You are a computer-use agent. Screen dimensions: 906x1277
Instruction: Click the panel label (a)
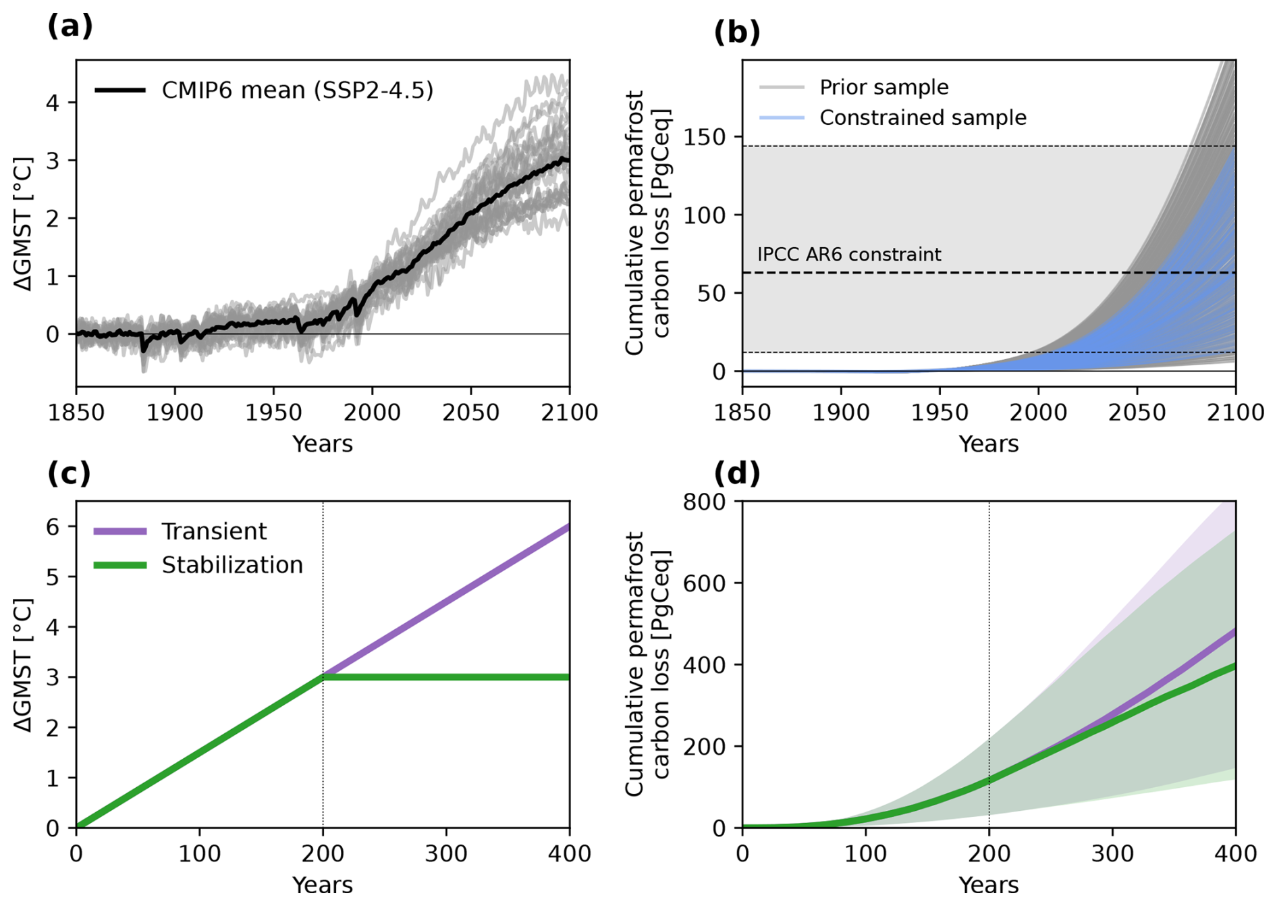(70, 27)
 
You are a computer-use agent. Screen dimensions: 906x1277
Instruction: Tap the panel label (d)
(736, 474)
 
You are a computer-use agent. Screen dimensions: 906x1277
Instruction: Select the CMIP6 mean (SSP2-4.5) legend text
(297, 90)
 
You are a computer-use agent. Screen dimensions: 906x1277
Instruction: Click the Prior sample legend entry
(884, 87)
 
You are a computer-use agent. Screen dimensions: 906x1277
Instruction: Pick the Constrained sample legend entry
(922, 118)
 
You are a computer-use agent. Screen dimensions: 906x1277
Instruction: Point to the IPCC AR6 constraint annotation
(848, 255)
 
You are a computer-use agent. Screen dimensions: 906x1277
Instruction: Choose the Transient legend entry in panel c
(214, 531)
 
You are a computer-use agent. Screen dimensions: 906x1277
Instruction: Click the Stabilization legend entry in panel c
(232, 565)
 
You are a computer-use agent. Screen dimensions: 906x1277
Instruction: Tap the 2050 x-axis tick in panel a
(470, 412)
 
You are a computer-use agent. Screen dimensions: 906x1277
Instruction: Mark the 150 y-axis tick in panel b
(705, 137)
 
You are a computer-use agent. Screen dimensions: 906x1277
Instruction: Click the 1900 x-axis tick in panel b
(840, 412)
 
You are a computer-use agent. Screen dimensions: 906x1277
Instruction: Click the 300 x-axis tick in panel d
(1112, 854)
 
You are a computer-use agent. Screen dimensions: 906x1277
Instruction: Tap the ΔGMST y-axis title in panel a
(24, 224)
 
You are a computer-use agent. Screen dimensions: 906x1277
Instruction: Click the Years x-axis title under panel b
(989, 444)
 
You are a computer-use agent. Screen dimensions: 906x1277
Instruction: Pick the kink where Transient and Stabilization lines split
(323, 676)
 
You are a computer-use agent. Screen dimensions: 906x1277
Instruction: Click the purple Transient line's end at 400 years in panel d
(1234, 631)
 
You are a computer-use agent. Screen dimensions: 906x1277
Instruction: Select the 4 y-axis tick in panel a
(53, 103)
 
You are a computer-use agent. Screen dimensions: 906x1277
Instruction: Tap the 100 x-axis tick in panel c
(199, 854)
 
